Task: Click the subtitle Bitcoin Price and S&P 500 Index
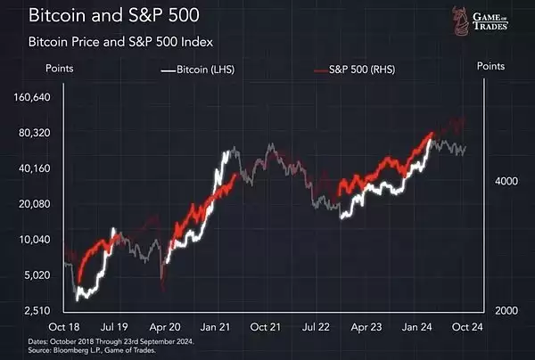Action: tap(121, 42)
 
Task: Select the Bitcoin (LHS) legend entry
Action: tap(197, 69)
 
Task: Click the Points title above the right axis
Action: tap(491, 66)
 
